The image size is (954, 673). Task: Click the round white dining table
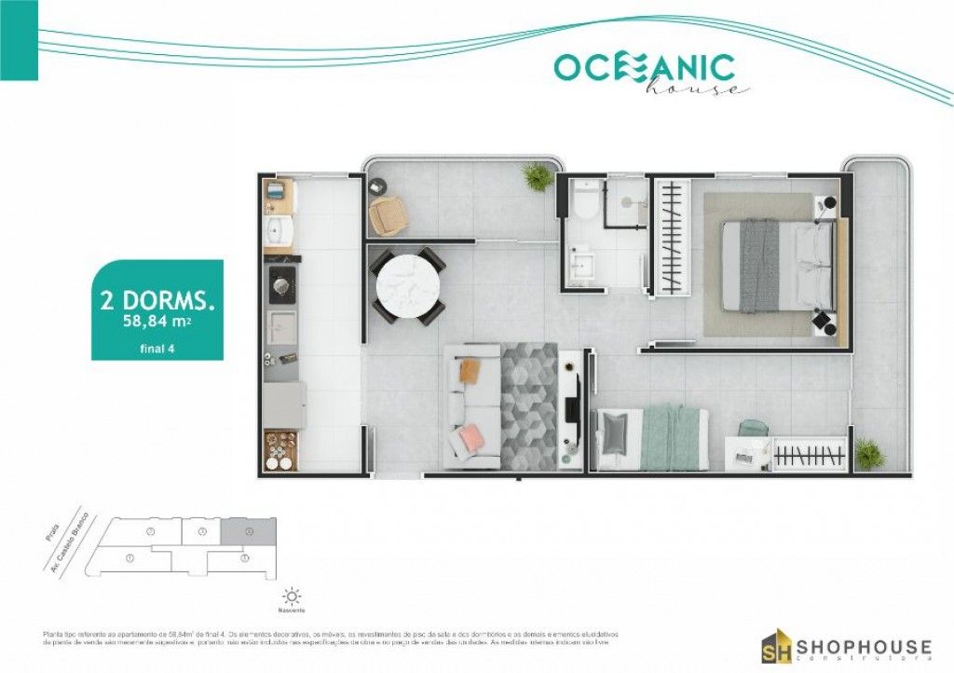[405, 286]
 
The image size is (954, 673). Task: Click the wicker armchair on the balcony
[388, 216]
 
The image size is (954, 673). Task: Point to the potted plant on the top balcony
[537, 176]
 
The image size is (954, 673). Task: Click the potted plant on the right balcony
[868, 454]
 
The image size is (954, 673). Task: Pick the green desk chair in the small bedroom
[753, 429]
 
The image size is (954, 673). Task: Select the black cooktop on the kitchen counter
[281, 284]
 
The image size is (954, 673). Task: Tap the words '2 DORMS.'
[157, 300]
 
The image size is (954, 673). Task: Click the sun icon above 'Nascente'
[293, 596]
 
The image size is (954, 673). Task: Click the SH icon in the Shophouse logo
[777, 647]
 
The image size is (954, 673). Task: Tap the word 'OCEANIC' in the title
[644, 67]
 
